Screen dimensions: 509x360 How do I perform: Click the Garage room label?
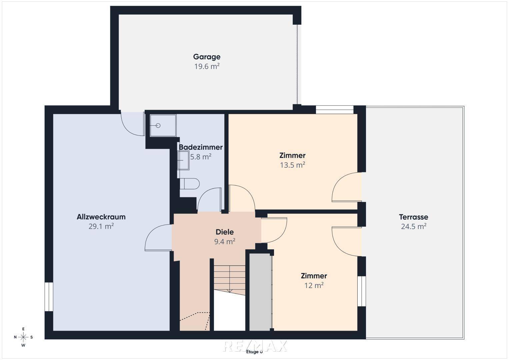[x=207, y=57]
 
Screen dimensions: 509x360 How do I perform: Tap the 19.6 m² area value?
[x=207, y=66]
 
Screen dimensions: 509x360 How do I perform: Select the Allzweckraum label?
[x=101, y=217]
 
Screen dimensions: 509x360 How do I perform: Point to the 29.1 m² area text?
[x=101, y=226]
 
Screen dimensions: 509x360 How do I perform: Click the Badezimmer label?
[x=201, y=147]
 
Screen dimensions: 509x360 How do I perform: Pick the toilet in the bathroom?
[x=190, y=184]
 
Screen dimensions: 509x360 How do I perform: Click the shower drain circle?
[x=158, y=125]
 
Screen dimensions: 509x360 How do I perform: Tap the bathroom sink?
[x=183, y=160]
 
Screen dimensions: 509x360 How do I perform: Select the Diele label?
[x=225, y=232]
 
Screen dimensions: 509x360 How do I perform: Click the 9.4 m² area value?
[x=225, y=242]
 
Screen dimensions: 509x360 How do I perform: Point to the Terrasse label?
[x=414, y=217]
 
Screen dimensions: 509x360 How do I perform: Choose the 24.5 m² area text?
[x=414, y=227]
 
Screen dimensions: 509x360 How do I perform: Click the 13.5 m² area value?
[x=292, y=165]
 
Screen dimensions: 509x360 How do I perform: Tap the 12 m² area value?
[x=314, y=285]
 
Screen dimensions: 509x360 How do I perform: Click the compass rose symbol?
[x=23, y=337]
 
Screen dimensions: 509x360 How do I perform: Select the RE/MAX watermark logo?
[x=255, y=346]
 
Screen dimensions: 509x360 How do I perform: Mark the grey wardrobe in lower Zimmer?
[x=260, y=292]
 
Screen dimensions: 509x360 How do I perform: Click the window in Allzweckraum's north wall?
[x=49, y=297]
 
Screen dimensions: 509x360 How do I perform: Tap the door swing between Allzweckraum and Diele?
[x=158, y=237]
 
